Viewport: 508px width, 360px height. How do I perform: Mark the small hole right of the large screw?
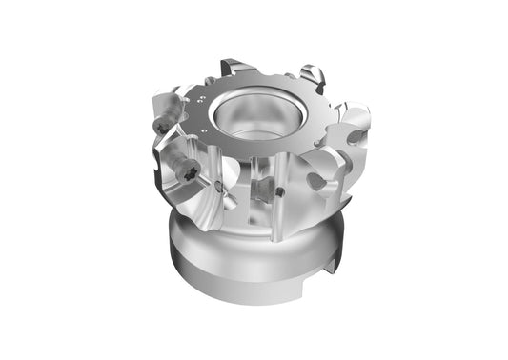point(221,185)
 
